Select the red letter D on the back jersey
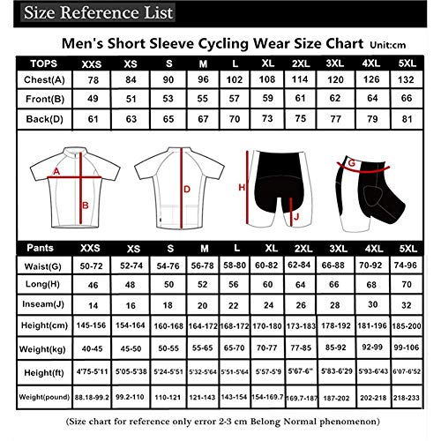pyautogui.click(x=187, y=188)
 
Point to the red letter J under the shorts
pyautogui.click(x=296, y=215)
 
